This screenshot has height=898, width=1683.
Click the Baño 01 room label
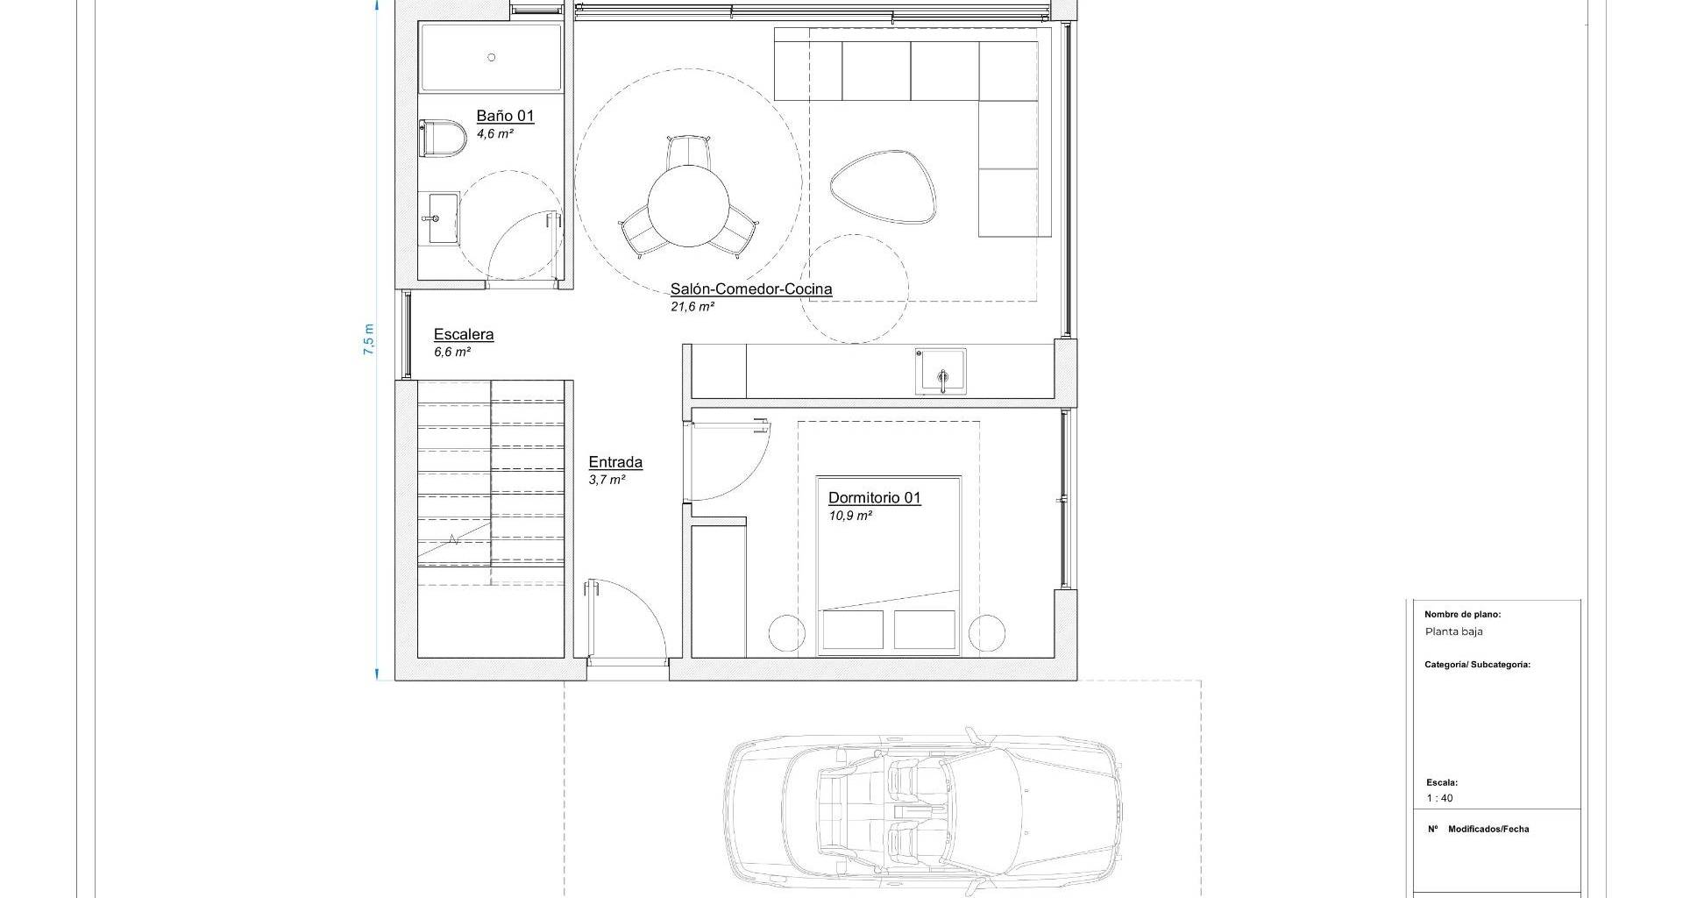point(505,116)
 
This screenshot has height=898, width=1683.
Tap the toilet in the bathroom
point(443,139)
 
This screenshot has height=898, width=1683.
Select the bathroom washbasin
point(439,217)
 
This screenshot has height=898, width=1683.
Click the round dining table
point(688,207)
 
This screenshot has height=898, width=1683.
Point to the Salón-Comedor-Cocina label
point(751,289)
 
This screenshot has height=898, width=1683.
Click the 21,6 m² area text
point(692,307)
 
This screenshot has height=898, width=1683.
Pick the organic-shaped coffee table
point(884,187)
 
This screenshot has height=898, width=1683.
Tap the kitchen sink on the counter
point(941,372)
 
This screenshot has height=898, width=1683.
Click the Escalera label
point(464,334)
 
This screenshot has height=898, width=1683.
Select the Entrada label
point(615,462)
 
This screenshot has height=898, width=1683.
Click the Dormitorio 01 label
point(875,498)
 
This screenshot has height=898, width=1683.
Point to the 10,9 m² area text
point(850,516)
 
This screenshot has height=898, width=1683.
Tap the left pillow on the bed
point(853,630)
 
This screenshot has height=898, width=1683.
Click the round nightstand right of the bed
point(987,633)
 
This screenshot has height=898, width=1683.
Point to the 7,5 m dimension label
point(369,339)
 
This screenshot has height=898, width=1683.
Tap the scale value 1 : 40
point(1439,798)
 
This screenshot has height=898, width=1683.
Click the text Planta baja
point(1453,631)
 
